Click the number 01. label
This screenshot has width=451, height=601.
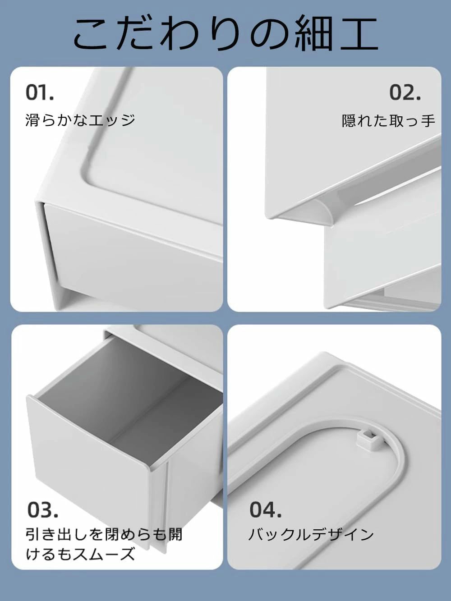(x=39, y=92)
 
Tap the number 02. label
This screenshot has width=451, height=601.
(x=405, y=92)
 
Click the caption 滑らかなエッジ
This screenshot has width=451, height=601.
(x=80, y=120)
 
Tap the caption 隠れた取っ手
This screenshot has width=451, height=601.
(x=389, y=120)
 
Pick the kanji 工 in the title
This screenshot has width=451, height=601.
(x=359, y=33)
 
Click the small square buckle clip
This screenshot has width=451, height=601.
(x=367, y=434)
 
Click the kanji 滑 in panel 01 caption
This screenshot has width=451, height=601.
(x=32, y=120)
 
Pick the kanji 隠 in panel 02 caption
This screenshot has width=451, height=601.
(x=349, y=120)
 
